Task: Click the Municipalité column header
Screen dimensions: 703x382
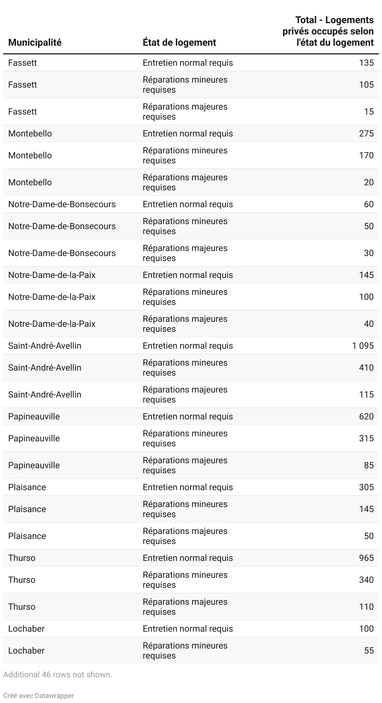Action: click(35, 43)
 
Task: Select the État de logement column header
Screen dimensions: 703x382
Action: click(179, 43)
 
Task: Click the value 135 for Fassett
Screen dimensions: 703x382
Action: click(366, 63)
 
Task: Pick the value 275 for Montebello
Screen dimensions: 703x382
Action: click(366, 133)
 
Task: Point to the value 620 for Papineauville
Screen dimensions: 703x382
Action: click(366, 416)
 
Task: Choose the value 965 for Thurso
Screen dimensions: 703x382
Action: click(366, 558)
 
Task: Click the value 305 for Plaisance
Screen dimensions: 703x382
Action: click(366, 487)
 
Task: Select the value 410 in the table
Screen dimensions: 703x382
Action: click(366, 367)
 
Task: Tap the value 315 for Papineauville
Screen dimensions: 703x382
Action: click(366, 438)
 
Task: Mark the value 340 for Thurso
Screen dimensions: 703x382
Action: click(366, 580)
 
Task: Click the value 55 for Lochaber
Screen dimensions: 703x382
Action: click(369, 650)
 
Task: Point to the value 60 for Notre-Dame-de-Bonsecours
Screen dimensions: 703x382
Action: click(369, 204)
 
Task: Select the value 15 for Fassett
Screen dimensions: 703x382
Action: click(369, 111)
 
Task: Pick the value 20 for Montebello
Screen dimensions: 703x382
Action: click(369, 182)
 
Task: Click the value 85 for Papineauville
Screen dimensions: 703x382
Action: click(369, 465)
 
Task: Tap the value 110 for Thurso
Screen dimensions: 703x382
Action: click(366, 607)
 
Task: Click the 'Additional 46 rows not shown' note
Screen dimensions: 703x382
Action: click(58, 675)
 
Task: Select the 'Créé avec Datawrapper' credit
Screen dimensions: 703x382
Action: click(39, 695)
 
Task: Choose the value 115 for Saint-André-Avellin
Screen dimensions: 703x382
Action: click(366, 394)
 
